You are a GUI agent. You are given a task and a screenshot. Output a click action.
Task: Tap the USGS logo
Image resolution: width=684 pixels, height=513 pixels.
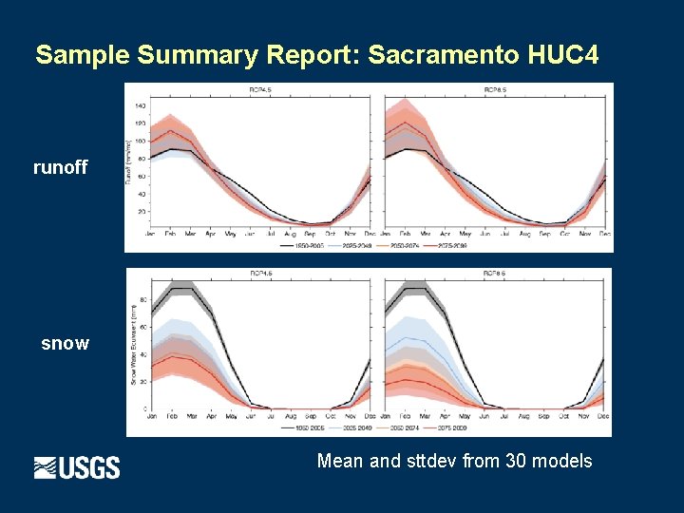click(x=77, y=467)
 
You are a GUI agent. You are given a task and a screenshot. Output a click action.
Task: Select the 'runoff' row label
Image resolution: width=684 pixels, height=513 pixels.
click(x=60, y=168)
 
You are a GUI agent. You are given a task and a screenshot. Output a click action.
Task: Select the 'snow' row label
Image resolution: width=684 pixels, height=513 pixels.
click(x=65, y=343)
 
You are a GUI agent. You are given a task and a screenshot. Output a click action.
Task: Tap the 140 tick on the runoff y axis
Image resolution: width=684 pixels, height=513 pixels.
click(x=140, y=105)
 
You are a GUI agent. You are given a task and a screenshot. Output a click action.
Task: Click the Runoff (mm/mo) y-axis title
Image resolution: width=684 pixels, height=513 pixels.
click(x=129, y=161)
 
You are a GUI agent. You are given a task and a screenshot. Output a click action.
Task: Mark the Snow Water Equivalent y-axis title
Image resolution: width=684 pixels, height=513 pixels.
click(x=132, y=347)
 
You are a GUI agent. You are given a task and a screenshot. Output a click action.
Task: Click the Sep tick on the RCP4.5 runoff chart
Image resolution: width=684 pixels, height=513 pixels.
click(x=311, y=233)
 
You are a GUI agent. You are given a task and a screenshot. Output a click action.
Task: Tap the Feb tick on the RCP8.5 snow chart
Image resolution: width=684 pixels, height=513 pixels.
click(x=406, y=416)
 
